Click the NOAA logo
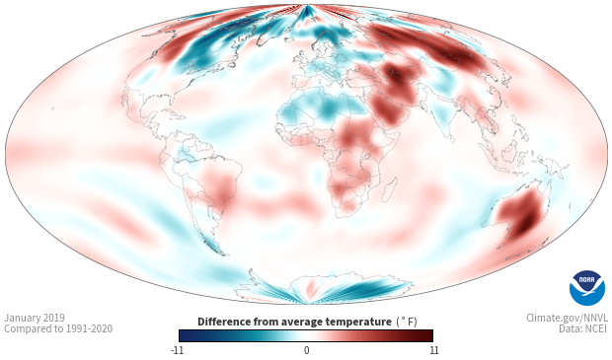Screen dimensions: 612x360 coord(587,288)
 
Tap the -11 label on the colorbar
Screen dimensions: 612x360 coord(177,350)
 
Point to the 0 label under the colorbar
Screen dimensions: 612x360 coord(306,350)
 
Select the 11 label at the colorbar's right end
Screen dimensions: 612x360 coord(434,350)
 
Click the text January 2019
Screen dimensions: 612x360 coord(35,318)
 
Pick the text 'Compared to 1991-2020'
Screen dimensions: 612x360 coord(58,328)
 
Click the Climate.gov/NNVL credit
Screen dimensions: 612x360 coord(567,318)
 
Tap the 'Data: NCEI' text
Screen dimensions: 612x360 coord(583,328)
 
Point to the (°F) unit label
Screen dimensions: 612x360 coord(407,323)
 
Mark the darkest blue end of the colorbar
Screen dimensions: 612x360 coord(181,335)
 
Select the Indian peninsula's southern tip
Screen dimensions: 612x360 coord(451,141)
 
